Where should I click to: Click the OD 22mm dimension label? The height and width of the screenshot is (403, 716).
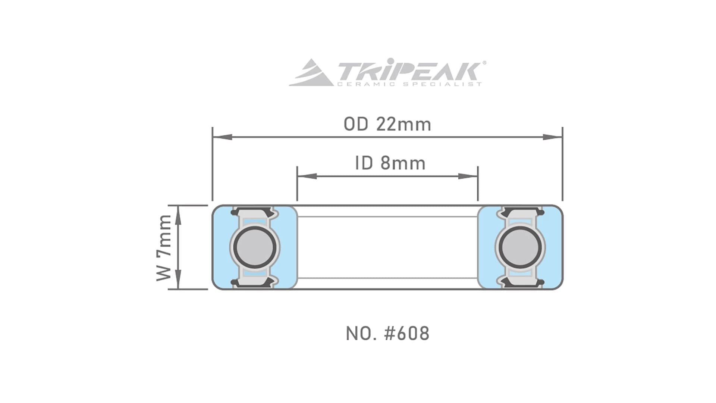[387, 124]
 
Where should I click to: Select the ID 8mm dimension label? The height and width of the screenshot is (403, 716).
[390, 163]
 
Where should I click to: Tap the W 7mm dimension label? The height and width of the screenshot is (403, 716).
[164, 248]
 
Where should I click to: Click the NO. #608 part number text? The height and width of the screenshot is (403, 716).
[387, 334]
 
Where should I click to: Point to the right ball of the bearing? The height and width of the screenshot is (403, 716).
[520, 247]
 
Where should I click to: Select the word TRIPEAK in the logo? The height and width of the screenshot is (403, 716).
[408, 71]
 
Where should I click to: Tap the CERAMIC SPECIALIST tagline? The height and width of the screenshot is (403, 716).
[409, 84]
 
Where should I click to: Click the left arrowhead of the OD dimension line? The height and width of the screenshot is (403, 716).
[222, 137]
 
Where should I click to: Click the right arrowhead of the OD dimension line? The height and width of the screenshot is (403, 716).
[553, 137]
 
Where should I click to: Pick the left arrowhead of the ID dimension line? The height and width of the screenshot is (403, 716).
[307, 176]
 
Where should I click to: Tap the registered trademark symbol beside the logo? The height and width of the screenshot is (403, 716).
[484, 63]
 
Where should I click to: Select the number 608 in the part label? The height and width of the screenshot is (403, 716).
[413, 334]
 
